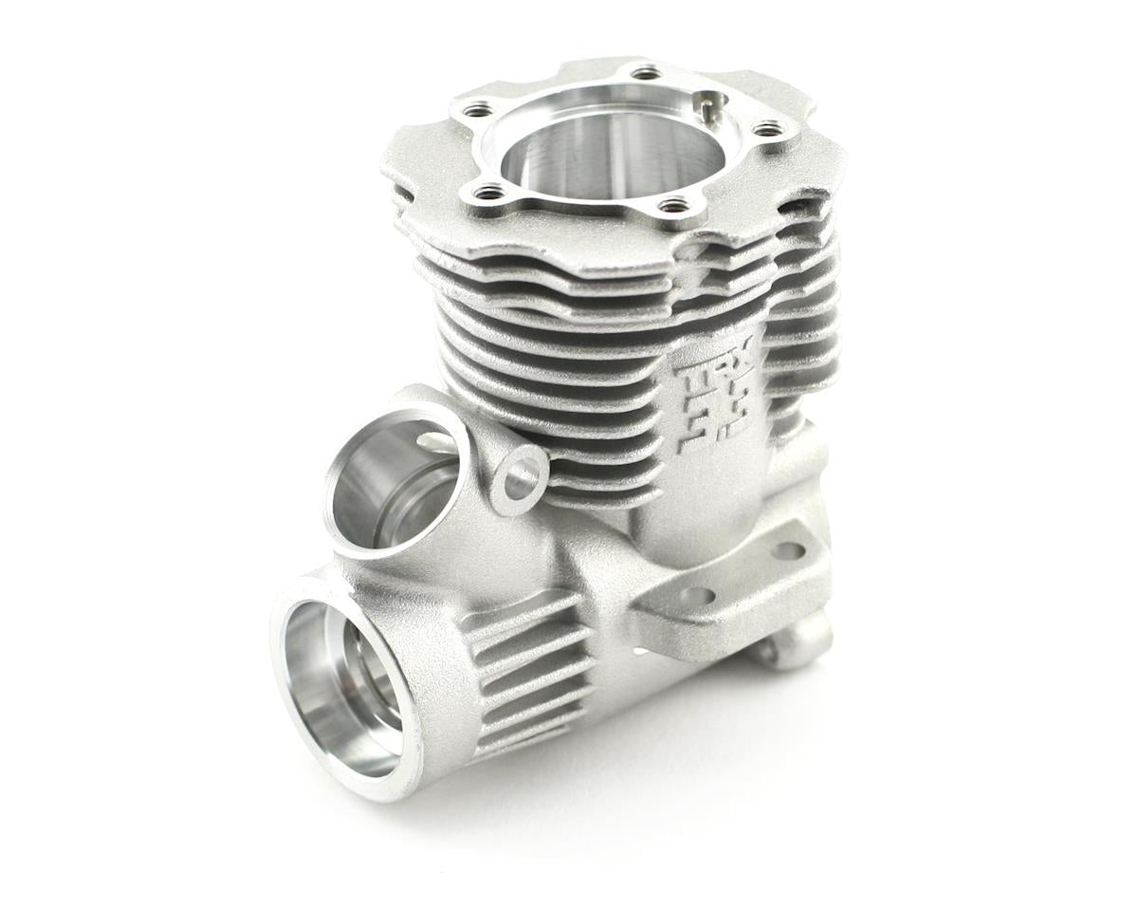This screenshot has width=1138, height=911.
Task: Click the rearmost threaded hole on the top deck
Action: pyautogui.click(x=646, y=72)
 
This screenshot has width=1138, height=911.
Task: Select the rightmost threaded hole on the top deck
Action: pyautogui.click(x=767, y=128)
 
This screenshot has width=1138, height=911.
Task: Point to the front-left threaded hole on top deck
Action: pyautogui.click(x=490, y=193)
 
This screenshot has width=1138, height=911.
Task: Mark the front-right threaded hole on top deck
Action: pyautogui.click(x=672, y=205)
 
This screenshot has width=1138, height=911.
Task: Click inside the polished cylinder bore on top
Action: pyautogui.click(x=607, y=152)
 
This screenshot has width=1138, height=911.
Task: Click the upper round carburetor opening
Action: pyautogui.click(x=394, y=484)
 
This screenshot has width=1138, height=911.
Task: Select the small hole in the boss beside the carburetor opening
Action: pyautogui.click(x=521, y=478)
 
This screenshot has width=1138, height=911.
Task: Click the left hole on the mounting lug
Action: pyautogui.click(x=698, y=596)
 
